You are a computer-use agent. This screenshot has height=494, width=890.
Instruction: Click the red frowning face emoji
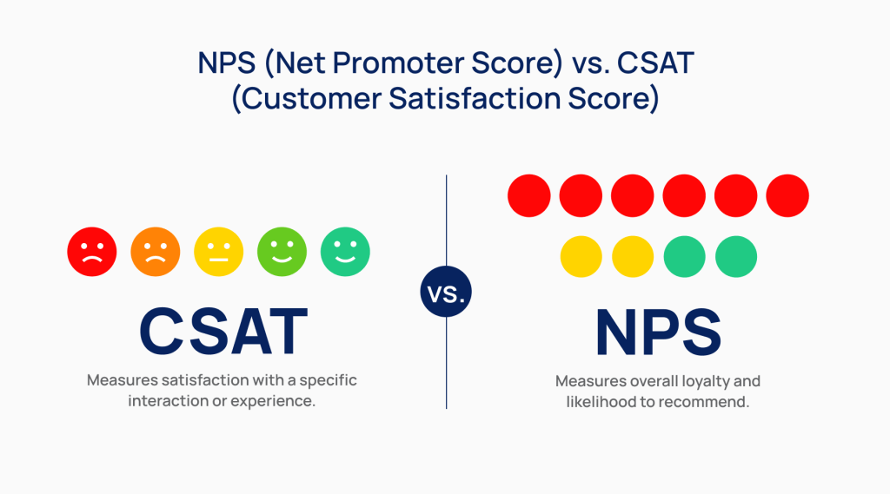pyautogui.click(x=92, y=253)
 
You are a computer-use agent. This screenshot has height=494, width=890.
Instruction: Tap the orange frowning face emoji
pyautogui.click(x=156, y=253)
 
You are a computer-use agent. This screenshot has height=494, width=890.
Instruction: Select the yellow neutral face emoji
pyautogui.click(x=219, y=253)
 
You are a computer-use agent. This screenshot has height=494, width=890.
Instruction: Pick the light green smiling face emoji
pyautogui.click(x=282, y=253)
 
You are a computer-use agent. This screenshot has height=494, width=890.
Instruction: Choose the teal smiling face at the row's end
pyautogui.click(x=345, y=253)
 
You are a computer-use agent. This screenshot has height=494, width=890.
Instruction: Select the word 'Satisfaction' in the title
pyautogui.click(x=469, y=98)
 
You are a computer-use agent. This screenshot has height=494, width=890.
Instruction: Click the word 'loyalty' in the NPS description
pyautogui.click(x=707, y=381)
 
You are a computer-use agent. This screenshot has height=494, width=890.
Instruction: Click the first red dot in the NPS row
pyautogui.click(x=529, y=195)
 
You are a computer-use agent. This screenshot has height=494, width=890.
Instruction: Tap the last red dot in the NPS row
pyautogui.click(x=787, y=195)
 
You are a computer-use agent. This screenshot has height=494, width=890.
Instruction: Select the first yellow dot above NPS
pyautogui.click(x=581, y=257)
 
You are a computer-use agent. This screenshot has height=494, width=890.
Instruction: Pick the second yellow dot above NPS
pyautogui.click(x=633, y=257)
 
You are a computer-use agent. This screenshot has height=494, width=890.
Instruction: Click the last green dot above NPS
pyautogui.click(x=736, y=257)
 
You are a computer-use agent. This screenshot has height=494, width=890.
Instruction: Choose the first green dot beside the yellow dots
pyautogui.click(x=685, y=257)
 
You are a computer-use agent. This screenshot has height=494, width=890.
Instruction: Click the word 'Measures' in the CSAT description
pyautogui.click(x=121, y=380)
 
